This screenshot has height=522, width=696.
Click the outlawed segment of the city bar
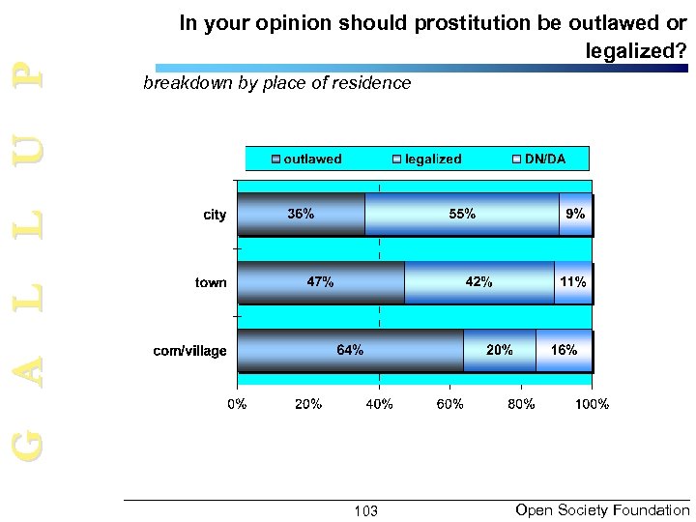[x=301, y=215]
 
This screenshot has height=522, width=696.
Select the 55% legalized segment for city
[x=461, y=215]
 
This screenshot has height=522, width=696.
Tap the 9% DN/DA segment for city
[x=575, y=215]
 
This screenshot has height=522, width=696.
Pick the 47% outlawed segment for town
[x=320, y=282]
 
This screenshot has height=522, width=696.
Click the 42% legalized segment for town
[x=478, y=282]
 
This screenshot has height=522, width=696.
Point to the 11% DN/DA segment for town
[x=571, y=282]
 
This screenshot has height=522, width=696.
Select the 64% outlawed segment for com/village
[x=350, y=350]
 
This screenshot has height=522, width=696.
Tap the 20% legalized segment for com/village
[x=499, y=350]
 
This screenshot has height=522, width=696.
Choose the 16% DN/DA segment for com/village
[x=564, y=350]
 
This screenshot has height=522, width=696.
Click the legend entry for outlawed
[x=306, y=159]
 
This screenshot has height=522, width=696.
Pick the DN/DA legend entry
[x=537, y=159]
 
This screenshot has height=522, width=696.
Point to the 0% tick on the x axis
[x=237, y=404]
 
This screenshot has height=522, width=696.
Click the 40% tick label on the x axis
[x=379, y=404]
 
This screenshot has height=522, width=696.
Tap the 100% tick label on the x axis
[x=591, y=404]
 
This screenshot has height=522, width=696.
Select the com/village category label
[x=190, y=351]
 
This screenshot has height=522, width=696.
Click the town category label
[x=211, y=283]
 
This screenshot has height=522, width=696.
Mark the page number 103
[x=365, y=510]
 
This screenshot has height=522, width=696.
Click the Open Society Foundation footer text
[x=603, y=509]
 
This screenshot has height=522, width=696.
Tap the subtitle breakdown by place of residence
[x=276, y=84]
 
